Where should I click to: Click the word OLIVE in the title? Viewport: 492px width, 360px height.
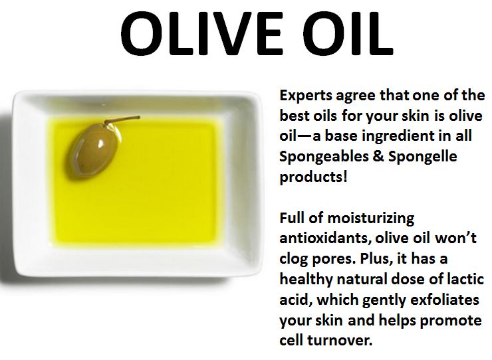201,34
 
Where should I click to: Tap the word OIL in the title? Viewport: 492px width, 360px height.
348,34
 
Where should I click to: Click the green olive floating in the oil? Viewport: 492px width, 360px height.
96,150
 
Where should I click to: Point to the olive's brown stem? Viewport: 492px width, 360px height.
122,120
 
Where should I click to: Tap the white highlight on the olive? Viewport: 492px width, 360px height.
100,144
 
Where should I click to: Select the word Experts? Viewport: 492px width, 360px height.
306,96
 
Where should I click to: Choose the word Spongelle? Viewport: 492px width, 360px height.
423,157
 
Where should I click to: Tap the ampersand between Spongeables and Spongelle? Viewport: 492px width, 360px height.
378,156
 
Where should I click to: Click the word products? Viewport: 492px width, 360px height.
313,177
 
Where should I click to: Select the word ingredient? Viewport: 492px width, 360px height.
404,136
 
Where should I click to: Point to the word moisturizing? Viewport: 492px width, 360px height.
370,219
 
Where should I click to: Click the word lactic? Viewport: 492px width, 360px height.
465,279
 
